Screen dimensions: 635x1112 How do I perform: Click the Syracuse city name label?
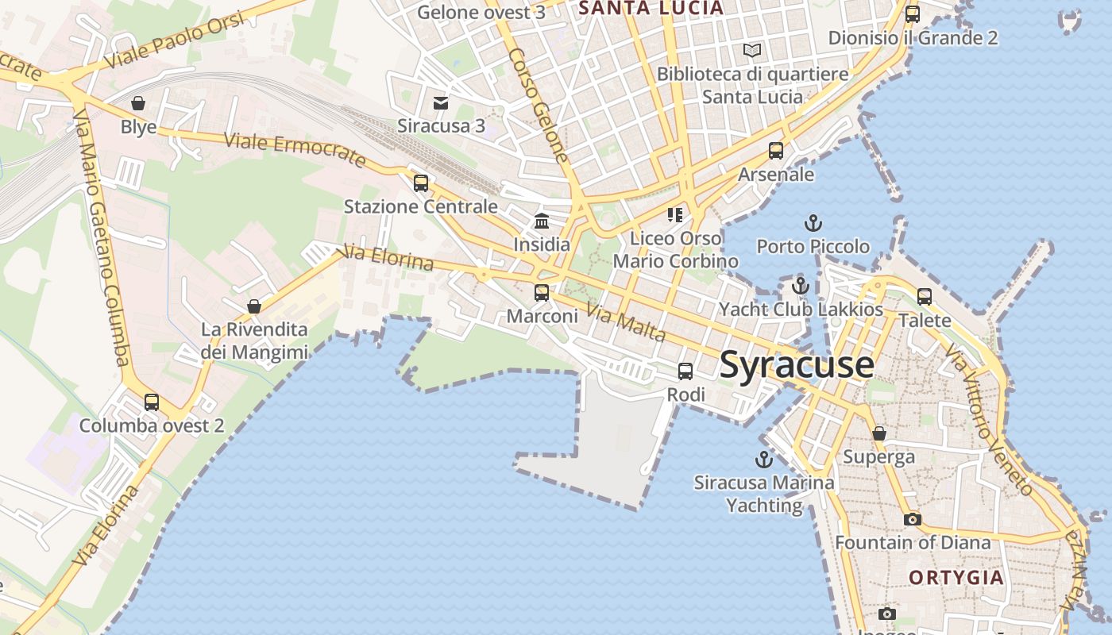[797, 365]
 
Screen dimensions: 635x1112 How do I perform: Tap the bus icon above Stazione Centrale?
[421, 183]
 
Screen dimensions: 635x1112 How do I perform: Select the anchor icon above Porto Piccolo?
[813, 223]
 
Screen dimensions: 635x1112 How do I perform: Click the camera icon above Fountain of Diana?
[913, 519]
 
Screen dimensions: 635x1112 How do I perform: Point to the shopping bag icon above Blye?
[138, 103]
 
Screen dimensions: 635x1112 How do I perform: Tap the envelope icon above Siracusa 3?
[441, 102]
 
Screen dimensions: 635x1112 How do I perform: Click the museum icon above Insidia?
[542, 221]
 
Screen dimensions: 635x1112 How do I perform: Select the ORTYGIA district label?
[956, 577]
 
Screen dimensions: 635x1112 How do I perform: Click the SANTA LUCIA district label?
[651, 9]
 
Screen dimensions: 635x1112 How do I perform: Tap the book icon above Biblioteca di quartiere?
[752, 51]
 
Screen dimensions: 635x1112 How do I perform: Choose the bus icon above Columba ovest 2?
[152, 402]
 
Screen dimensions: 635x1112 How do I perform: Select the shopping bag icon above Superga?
[879, 433]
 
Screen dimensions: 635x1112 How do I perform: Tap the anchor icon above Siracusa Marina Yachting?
[763, 460]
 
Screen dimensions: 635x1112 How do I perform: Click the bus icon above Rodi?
[685, 371]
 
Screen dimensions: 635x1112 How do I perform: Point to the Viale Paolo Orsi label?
[174, 40]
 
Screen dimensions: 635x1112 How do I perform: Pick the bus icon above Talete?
[925, 297]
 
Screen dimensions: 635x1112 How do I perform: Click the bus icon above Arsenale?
[776, 151]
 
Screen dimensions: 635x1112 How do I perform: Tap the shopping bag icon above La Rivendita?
[254, 306]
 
